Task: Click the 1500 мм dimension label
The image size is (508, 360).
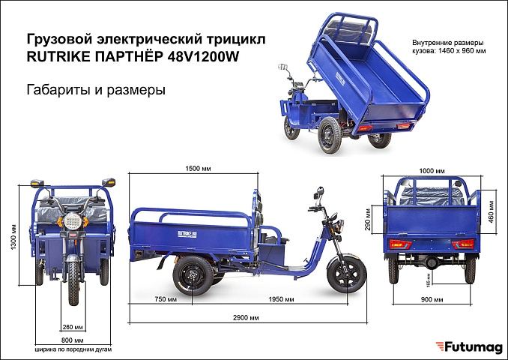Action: click(x=198, y=169)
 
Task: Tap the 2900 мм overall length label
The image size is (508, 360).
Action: click(x=246, y=318)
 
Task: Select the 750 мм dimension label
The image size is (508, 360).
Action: click(x=166, y=299)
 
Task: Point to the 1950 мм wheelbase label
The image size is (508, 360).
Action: click(x=281, y=299)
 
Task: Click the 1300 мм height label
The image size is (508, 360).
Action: click(x=13, y=237)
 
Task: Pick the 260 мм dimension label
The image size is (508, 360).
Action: click(x=73, y=327)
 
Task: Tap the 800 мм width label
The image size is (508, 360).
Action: click(x=72, y=340)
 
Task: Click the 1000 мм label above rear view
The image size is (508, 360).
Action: click(x=432, y=171)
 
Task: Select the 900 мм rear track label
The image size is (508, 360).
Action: click(x=432, y=300)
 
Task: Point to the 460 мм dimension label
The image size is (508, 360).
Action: click(x=492, y=211)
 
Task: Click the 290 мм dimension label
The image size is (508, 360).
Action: click(x=368, y=219)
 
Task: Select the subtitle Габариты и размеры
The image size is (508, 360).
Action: click(x=96, y=90)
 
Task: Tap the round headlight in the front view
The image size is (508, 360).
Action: click(x=73, y=220)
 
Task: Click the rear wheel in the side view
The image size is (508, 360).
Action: click(x=193, y=275)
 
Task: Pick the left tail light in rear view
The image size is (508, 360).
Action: click(x=400, y=244)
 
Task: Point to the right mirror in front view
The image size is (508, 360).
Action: click(x=109, y=182)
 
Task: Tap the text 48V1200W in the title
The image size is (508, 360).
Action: click(x=204, y=56)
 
